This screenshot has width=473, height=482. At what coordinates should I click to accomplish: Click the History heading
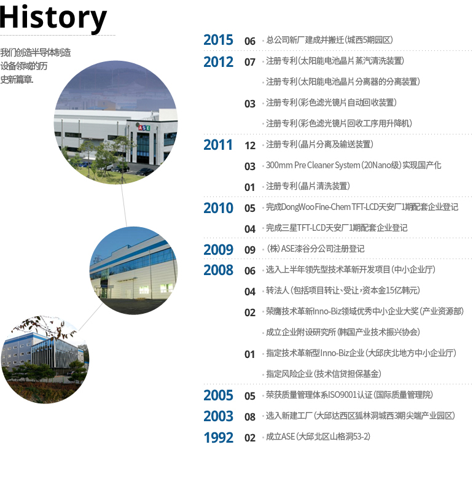(53, 18)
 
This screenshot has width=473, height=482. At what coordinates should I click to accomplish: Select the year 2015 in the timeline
(218, 40)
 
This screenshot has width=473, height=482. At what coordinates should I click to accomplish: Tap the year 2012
(218, 62)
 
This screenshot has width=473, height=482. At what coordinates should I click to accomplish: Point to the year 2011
(218, 145)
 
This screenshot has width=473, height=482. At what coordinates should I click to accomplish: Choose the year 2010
(218, 208)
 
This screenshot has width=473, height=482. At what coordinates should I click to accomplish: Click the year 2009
(218, 250)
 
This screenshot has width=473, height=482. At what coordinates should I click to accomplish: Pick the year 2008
(218, 270)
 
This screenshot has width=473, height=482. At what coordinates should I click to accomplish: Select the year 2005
(218, 395)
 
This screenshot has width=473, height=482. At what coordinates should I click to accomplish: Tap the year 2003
(218, 416)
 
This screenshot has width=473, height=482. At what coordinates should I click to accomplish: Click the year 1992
(218, 437)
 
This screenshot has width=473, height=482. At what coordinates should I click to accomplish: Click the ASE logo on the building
(144, 127)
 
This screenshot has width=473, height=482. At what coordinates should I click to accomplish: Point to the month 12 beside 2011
(250, 146)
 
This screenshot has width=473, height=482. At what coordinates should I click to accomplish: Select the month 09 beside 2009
(250, 250)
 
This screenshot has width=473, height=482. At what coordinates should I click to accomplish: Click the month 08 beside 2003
(250, 417)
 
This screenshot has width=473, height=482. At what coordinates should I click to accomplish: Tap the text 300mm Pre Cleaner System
(313, 165)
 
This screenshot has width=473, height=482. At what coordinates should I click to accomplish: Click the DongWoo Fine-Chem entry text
(362, 207)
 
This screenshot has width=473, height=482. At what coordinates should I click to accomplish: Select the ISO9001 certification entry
(350, 395)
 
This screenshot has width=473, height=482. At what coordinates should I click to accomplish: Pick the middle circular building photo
(133, 271)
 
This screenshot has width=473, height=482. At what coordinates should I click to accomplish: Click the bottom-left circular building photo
(45, 359)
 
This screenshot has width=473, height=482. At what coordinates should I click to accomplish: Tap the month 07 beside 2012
(250, 63)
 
